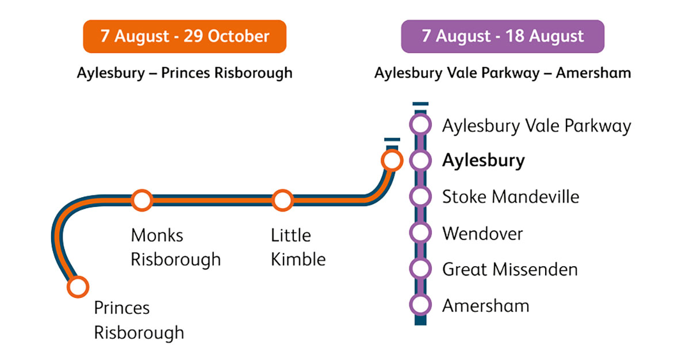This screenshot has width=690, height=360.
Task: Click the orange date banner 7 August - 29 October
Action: pyautogui.click(x=185, y=37)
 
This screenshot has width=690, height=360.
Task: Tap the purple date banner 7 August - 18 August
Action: pyautogui.click(x=503, y=37)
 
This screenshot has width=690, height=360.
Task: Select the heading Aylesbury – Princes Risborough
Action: pyautogui.click(x=185, y=73)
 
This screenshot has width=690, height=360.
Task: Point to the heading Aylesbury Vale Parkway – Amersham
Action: pyautogui.click(x=503, y=73)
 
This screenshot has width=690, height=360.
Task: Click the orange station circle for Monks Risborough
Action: pyautogui.click(x=142, y=201)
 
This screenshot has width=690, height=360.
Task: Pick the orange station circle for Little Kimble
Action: pyautogui.click(x=282, y=201)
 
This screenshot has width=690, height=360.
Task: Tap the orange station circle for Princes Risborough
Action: pyautogui.click(x=78, y=286)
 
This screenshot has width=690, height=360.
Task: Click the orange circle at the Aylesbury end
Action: pyautogui.click(x=392, y=161)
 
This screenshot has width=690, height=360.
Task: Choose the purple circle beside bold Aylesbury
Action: pyautogui.click(x=420, y=161)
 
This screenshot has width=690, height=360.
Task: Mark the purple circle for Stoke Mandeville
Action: pyautogui.click(x=420, y=197)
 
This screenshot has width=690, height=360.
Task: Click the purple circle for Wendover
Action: pyautogui.click(x=420, y=233)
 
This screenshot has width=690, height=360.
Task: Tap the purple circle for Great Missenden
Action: pyautogui.click(x=420, y=269)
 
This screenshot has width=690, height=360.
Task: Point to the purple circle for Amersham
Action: pyautogui.click(x=420, y=305)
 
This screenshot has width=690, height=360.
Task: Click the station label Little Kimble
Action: pyautogui.click(x=298, y=247)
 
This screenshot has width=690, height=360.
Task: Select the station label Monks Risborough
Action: pyautogui.click(x=175, y=247)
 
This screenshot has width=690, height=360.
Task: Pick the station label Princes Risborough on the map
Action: pyautogui.click(x=139, y=320)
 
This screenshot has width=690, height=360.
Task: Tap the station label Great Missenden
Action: pyautogui.click(x=509, y=269)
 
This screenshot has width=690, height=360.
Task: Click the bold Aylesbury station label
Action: pyautogui.click(x=483, y=161)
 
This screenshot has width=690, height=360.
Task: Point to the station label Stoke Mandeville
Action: pyautogui.click(x=511, y=197)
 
